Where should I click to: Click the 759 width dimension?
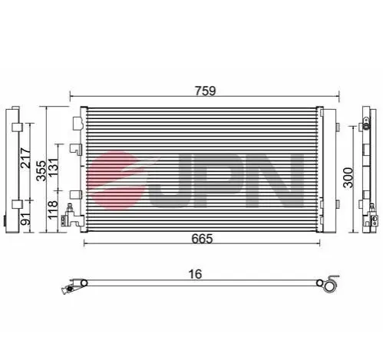point(205,91)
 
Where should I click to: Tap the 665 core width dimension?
point(202,239)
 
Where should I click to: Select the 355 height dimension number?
point(41,170)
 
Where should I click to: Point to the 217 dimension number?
point(25,158)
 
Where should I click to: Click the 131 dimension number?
point(54,167)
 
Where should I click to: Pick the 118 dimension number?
point(53,210)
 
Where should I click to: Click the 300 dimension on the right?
point(348,177)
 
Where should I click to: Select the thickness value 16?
point(195,274)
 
